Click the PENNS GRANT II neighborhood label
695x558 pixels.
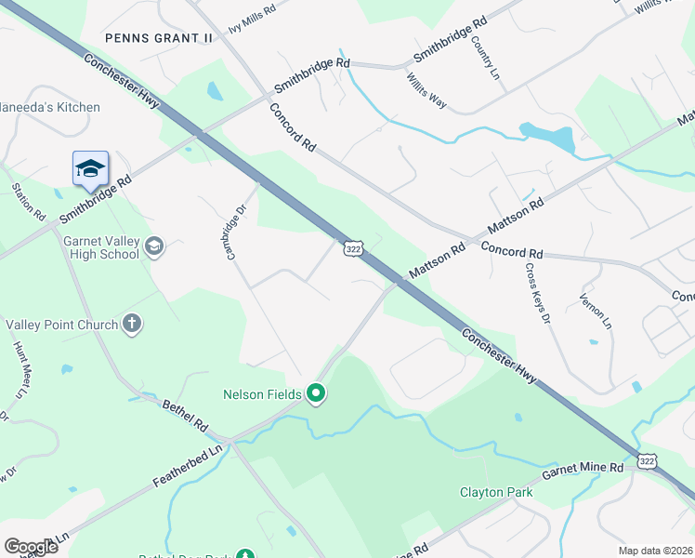(x=159, y=38)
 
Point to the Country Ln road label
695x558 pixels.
(x=486, y=55)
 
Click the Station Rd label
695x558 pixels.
(x=29, y=201)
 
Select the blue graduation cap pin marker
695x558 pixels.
(x=90, y=168)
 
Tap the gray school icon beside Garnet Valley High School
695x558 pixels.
(x=154, y=246)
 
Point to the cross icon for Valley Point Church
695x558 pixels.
(x=132, y=324)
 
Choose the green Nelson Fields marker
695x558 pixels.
(x=316, y=394)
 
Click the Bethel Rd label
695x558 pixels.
(x=185, y=417)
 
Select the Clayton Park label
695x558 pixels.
(x=497, y=492)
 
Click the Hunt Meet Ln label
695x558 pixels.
(x=21, y=370)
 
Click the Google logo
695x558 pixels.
(x=31, y=546)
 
